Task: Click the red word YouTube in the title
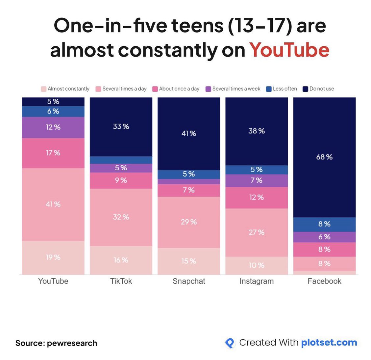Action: [289, 50]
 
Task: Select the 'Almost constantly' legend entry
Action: [65, 89]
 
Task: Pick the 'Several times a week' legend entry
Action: [233, 89]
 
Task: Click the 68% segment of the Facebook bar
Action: [324, 157]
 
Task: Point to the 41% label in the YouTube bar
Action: [53, 204]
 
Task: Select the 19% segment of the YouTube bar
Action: [53, 257]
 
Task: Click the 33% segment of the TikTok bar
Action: [121, 127]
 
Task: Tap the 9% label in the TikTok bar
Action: [121, 180]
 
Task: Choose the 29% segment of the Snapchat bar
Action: [189, 222]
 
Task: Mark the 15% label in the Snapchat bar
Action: [189, 261]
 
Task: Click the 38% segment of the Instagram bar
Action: [257, 131]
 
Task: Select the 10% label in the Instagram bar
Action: [257, 265]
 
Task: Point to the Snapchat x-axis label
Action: [189, 281]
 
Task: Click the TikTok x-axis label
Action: [121, 281]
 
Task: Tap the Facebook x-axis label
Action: [324, 281]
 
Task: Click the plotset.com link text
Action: [329, 343]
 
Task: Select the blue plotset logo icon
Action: [230, 343]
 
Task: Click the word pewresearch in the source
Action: [72, 343]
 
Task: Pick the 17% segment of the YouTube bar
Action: [53, 153]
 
